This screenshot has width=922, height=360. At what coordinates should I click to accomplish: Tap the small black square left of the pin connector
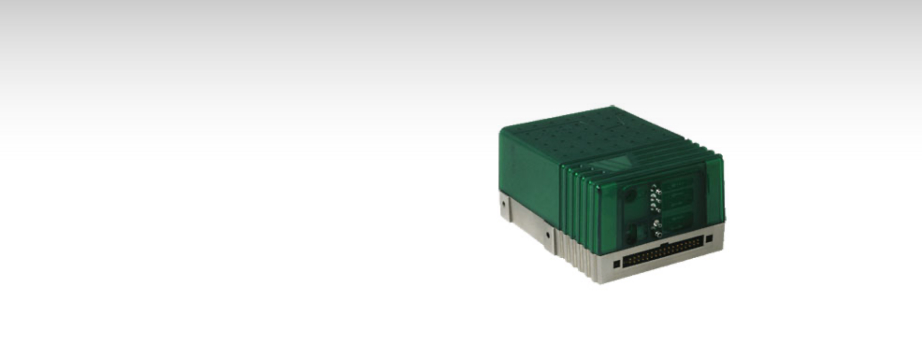pos(617,264)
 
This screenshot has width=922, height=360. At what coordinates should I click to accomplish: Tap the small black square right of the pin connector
pos(709,239)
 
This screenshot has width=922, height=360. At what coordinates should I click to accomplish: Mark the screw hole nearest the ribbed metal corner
pos(547,235)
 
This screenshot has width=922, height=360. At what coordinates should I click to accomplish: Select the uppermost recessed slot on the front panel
pos(678,186)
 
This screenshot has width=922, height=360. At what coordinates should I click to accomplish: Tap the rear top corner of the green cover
pos(613,107)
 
